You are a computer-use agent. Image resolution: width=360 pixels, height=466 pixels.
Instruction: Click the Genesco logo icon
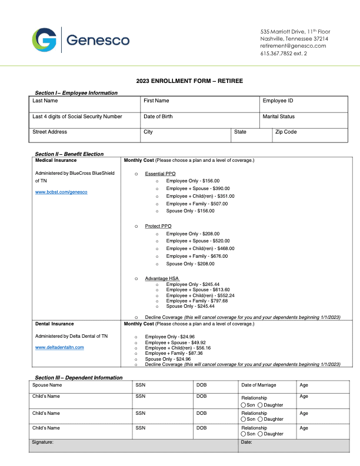click(45, 39)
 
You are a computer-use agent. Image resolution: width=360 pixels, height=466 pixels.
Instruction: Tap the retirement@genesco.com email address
click(293, 46)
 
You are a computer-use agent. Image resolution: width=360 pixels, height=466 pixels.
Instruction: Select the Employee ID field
click(304, 104)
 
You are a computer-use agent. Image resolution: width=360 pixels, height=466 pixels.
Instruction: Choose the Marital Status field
click(304, 120)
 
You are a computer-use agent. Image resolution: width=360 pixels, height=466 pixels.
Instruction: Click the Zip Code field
click(309, 135)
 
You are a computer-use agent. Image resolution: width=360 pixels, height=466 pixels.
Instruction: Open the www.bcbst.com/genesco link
click(61, 192)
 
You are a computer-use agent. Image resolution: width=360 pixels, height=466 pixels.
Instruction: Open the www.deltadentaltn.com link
click(59, 347)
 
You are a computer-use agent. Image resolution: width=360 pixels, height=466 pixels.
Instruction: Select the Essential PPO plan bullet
click(136, 174)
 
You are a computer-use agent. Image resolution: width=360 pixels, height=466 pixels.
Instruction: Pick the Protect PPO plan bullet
click(136, 226)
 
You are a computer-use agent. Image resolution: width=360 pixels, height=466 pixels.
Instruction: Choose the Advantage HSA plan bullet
click(136, 278)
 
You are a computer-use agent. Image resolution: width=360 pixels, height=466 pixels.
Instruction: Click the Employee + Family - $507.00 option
click(196, 204)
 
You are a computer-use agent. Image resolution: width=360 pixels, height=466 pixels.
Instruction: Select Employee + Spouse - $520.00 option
click(198, 241)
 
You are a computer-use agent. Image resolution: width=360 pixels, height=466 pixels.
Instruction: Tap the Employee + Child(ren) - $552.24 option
click(200, 295)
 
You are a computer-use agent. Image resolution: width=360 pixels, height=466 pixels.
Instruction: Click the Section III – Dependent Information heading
click(79, 377)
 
